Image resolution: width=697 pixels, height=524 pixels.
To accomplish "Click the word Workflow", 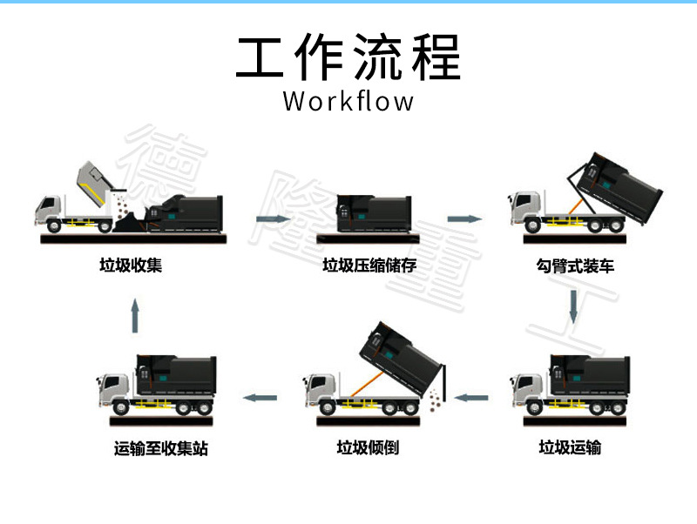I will coord(348,101).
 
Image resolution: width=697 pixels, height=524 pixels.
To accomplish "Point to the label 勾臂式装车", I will coord(575,265).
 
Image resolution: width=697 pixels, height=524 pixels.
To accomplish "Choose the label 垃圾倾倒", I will coord(368,448).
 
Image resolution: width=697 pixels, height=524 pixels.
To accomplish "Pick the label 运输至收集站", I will coord(161,449).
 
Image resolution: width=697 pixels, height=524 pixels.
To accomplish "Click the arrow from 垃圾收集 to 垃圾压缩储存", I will coord(272,218).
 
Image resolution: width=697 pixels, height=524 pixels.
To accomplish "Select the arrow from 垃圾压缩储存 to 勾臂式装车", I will coord(465,218).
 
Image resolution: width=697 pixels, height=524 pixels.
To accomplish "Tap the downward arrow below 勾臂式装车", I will coord(573,306).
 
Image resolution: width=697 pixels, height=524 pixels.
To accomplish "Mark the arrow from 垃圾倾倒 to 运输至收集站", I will coord(260,398).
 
